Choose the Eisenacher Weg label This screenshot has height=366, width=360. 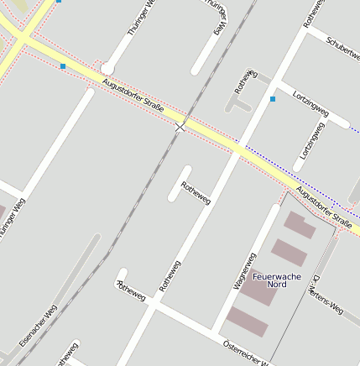coord(38,326)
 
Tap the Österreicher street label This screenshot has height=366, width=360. coord(246,353)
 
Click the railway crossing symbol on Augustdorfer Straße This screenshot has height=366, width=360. coord(180,128)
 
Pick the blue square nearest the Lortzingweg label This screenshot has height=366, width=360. coord(273,99)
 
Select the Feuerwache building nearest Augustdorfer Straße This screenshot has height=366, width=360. coord(300,225)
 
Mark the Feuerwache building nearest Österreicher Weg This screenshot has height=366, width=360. coord(248,322)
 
